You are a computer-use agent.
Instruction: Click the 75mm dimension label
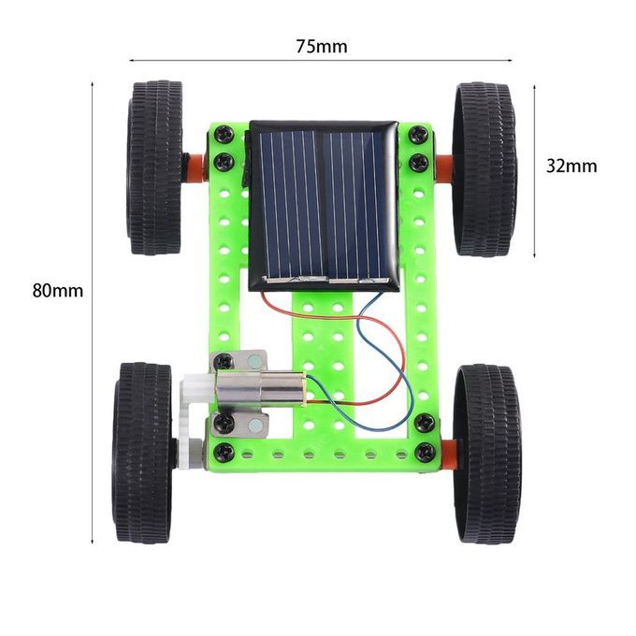pos(321,47)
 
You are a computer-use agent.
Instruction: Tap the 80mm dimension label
pos(58,291)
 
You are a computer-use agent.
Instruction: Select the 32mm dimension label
pos(571,166)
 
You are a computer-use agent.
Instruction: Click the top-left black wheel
pos(154,167)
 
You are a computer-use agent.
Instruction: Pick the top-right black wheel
pos(485,169)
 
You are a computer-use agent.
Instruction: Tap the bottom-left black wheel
pos(142,453)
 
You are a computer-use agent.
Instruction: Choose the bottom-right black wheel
pos(487,454)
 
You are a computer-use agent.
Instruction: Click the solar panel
pos(324,206)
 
